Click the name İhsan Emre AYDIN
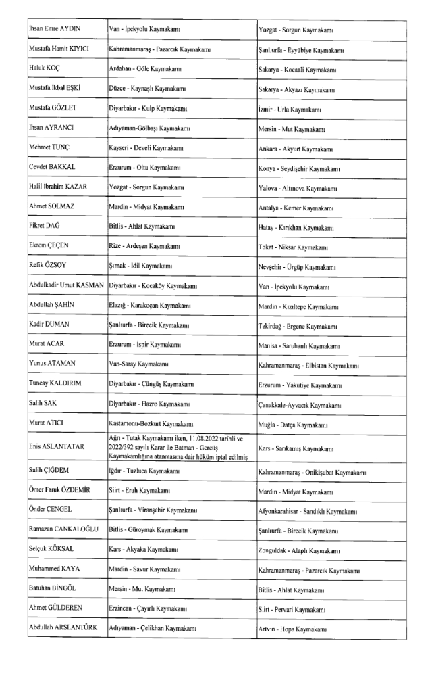coord(57,30)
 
